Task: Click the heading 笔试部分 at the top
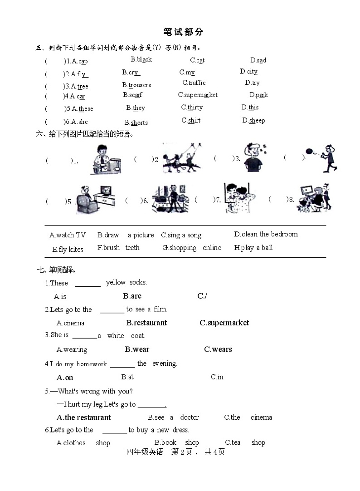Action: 183,32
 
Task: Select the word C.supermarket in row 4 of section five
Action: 198,95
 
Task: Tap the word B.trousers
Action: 136,85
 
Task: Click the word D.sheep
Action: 253,120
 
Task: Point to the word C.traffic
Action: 194,83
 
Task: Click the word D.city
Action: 249,71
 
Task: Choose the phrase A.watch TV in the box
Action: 68,235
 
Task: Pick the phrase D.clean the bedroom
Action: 266,234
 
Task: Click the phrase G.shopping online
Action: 192,248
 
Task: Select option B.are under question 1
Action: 132,296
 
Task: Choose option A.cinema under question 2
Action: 70,323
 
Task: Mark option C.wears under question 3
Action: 218,349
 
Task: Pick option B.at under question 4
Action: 127,377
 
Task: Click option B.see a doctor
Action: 173,417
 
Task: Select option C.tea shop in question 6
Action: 245,442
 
